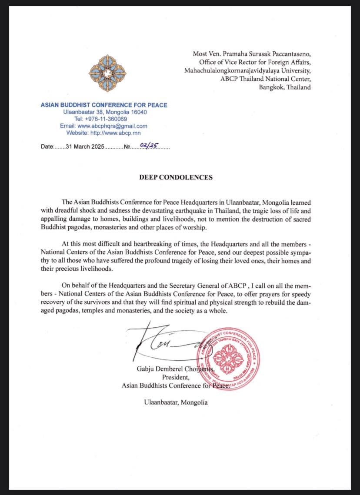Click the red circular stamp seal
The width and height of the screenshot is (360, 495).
pyautogui.click(x=228, y=356)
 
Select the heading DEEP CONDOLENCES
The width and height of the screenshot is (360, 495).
pyautogui.click(x=176, y=177)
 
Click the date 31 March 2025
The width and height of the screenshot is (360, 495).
pyautogui.click(x=85, y=147)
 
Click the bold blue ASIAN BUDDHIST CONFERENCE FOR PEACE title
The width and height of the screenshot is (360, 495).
pyautogui.click(x=104, y=105)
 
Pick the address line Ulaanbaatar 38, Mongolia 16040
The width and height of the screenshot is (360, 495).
pyautogui.click(x=105, y=112)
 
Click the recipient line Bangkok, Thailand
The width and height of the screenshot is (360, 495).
pyautogui.click(x=285, y=87)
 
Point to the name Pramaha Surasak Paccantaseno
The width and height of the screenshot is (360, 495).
pyautogui.click(x=267, y=54)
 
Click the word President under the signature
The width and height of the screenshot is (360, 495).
pyautogui.click(x=175, y=377)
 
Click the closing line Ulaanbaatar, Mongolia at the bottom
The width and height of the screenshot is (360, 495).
pyautogui.click(x=176, y=402)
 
